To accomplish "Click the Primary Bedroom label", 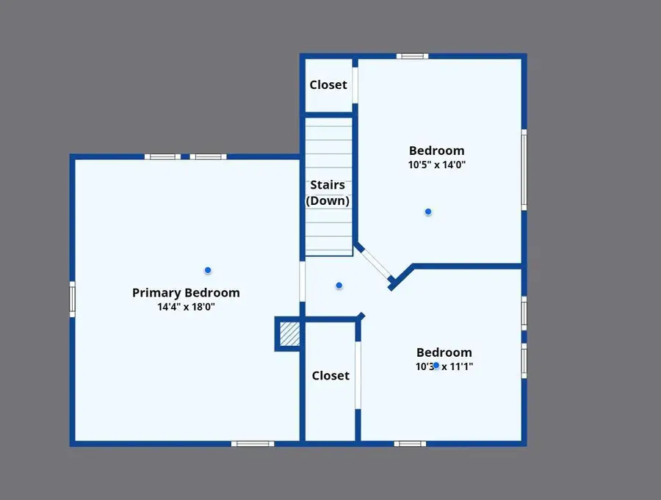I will [x=186, y=292].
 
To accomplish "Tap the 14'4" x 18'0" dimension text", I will [x=186, y=307].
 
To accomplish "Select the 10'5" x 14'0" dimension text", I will [x=437, y=165].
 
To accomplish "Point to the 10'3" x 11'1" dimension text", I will [x=444, y=366].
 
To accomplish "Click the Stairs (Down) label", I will [x=328, y=192].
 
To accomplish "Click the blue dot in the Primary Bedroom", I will [x=208, y=270].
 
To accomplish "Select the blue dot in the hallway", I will [x=339, y=285].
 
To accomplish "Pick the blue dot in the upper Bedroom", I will [x=428, y=211].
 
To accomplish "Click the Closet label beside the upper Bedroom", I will [x=328, y=84].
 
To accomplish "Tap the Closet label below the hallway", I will [x=330, y=375].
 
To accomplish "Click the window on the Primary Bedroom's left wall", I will [x=72, y=300].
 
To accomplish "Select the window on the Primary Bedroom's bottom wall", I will [x=253, y=443].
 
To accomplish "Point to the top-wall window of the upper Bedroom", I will [x=413, y=56].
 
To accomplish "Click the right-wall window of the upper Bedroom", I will [x=524, y=169].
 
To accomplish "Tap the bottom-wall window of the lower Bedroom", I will [x=410, y=443].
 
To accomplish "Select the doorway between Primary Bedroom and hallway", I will [x=302, y=283].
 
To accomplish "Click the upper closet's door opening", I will [x=355, y=84].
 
